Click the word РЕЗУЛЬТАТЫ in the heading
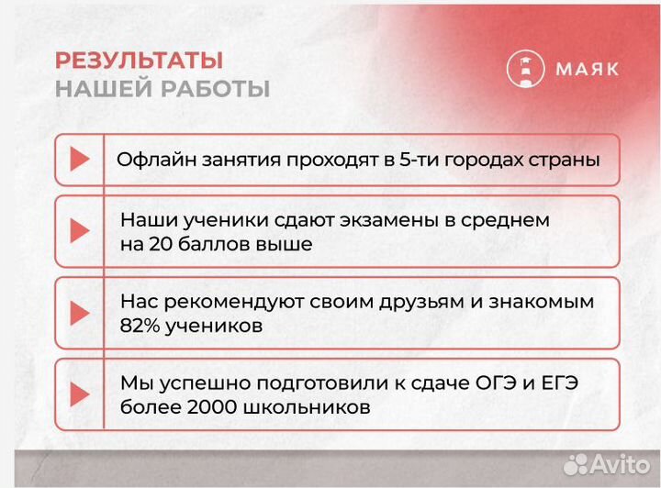click(139, 61)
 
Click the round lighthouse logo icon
click(525, 69)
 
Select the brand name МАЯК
click(587, 69)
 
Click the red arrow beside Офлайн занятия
click(80, 159)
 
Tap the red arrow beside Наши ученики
click(80, 231)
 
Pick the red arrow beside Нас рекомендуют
click(80, 313)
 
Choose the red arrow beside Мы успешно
click(80, 394)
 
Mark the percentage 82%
click(140, 326)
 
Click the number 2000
click(207, 407)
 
